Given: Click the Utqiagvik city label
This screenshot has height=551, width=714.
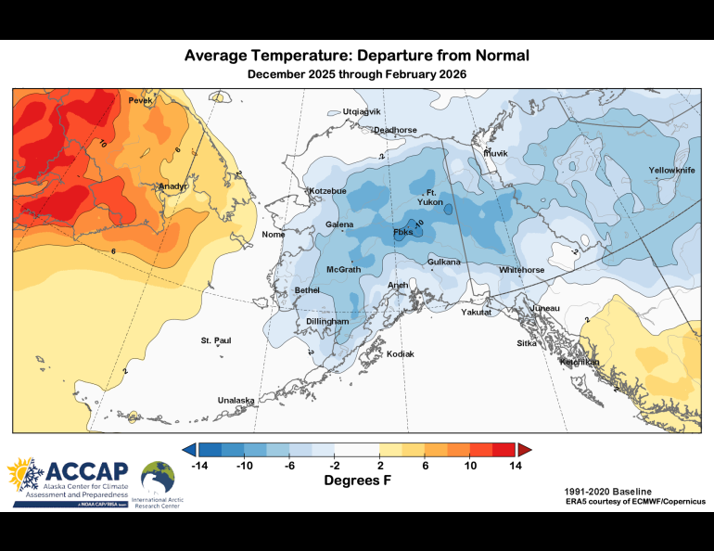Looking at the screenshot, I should point(362,111).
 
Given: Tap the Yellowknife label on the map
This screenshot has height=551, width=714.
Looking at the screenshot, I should point(669,171).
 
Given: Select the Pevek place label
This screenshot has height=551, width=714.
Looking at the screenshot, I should point(140,100).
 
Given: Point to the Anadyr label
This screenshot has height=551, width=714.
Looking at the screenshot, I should point(173,186).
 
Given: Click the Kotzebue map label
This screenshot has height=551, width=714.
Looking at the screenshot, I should point(327,191).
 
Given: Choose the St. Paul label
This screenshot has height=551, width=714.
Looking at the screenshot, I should point(215,341).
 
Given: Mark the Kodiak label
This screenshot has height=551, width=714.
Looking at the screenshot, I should point(400,354).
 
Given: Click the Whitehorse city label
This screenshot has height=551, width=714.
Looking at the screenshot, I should point(522,269).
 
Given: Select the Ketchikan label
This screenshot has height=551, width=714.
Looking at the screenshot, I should point(580,362).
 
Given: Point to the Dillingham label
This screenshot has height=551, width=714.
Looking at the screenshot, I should point(326,321).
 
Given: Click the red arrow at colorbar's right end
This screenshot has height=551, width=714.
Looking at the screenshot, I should point(524,450).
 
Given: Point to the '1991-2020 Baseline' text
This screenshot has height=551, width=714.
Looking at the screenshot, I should point(607,491).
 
